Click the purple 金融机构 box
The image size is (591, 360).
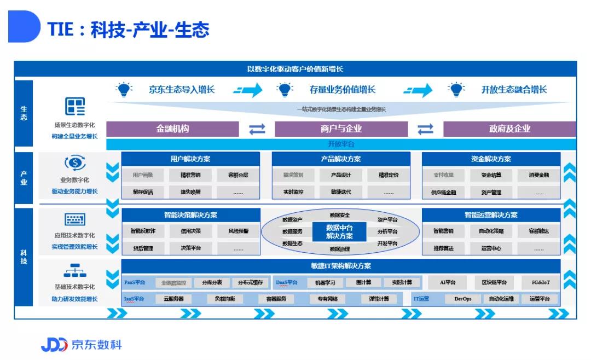[172, 129]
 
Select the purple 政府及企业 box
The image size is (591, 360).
[509, 129]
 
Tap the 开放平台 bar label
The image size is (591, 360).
[341, 144]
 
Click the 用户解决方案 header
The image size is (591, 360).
[190, 159]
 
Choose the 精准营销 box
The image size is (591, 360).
[190, 176]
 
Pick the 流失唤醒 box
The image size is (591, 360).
[190, 192]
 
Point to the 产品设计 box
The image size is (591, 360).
[340, 176]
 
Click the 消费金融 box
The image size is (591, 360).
[538, 176]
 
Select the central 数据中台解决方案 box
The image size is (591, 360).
[339, 232]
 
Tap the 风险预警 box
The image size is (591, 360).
[238, 231]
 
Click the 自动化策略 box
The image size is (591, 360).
[491, 231]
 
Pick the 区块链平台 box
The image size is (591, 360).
[494, 283]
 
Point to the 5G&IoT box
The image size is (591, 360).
[540, 283]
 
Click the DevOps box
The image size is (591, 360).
[462, 299]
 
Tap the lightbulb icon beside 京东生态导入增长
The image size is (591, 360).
[124, 90]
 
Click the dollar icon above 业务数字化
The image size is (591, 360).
[75, 163]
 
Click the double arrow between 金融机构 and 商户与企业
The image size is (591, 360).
[257, 129]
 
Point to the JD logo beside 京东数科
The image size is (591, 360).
[54, 345]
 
